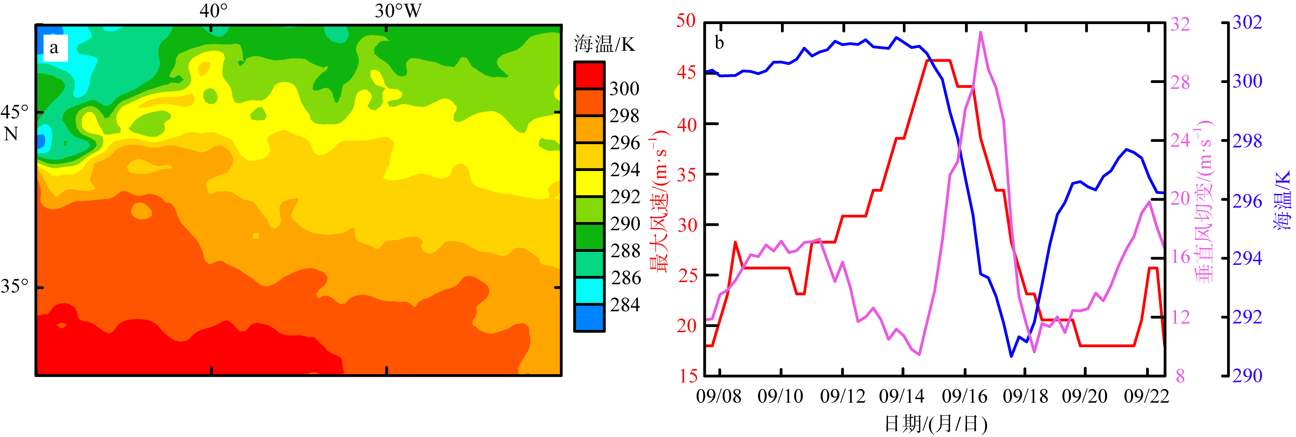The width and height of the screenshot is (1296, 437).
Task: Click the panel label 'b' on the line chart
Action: click(x=720, y=43)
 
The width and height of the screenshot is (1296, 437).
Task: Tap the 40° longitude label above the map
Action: click(x=213, y=10)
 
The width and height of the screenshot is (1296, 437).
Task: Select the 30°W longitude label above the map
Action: click(x=398, y=10)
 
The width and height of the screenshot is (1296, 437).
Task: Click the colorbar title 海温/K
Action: click(x=605, y=44)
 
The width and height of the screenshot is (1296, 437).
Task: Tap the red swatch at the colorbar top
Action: click(x=589, y=75)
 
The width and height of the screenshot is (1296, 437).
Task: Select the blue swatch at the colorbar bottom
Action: click(x=589, y=318)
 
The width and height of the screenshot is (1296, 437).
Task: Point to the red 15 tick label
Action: click(x=688, y=376)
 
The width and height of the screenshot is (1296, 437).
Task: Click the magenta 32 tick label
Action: click(x=1180, y=24)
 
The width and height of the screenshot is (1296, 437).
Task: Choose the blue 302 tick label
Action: click(x=1247, y=22)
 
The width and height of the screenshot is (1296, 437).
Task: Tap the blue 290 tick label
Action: click(x=1247, y=376)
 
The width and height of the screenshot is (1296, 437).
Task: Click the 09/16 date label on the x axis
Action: click(x=964, y=396)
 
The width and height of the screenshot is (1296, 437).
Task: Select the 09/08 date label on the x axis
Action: click(x=719, y=396)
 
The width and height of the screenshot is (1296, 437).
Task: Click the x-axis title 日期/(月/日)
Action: click(x=936, y=424)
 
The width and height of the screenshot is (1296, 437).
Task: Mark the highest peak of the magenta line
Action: click(x=981, y=32)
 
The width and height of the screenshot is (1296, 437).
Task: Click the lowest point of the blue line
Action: click(x=1011, y=356)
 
